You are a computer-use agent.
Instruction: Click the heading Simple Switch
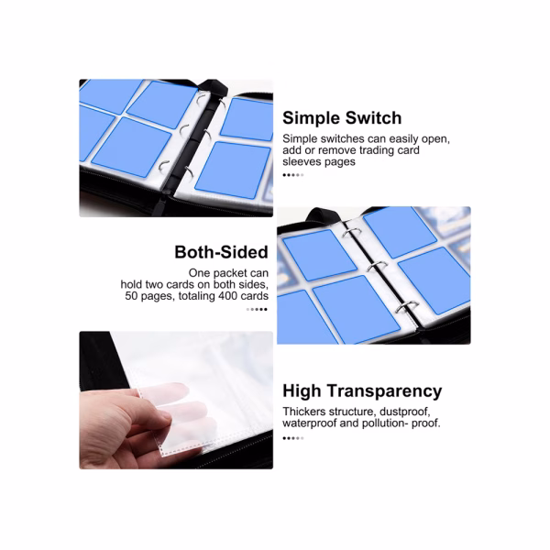pos(342,118)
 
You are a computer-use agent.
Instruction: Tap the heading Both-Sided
pos(221,252)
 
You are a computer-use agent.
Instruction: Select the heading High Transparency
pos(362,391)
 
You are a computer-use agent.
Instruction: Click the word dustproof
pos(404,412)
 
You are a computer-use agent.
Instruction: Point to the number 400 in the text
pos(228,296)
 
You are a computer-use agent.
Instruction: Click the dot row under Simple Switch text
pos(293,175)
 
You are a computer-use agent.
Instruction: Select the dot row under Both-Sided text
pos(257,310)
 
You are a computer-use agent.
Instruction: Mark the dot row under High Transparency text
pos(293,438)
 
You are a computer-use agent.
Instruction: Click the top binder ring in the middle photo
pos(351,233)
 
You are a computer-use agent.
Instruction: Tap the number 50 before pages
pos(131,296)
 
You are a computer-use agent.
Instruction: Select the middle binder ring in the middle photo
pos(378,266)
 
